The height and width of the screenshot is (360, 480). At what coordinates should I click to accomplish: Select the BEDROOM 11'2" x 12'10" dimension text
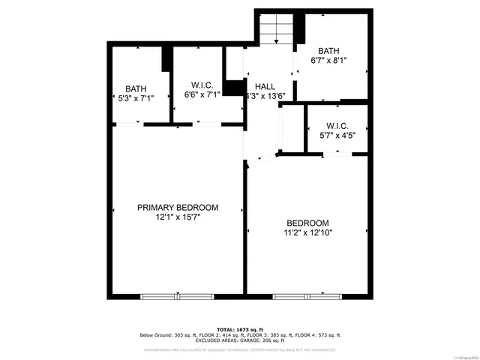307,233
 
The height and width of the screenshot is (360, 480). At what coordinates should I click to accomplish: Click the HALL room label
265,85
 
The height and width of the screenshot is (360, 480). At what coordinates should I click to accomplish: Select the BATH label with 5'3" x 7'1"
136,88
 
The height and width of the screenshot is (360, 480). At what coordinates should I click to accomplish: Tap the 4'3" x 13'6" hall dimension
265,96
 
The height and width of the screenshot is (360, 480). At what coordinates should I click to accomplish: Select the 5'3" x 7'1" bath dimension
136,98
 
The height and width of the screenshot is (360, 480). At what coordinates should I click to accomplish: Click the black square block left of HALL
235,88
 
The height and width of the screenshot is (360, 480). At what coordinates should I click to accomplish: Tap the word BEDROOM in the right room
307,223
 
